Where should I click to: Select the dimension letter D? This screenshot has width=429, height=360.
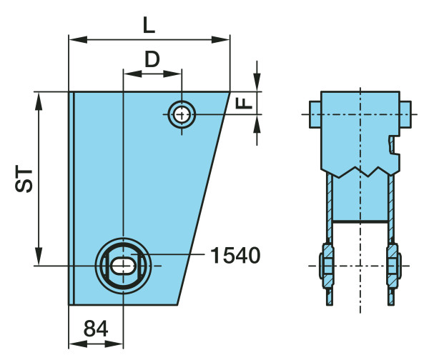pos(152,59)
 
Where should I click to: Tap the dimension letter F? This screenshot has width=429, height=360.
pos(244,104)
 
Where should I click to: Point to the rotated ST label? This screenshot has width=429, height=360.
pos(24,179)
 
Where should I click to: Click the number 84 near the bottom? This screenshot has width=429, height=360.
pos(96,329)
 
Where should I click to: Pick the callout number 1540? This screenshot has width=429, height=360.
pos(235,255)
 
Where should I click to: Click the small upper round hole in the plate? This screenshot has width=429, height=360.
pos(182,114)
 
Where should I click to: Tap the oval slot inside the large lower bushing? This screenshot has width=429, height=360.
pos(124,266)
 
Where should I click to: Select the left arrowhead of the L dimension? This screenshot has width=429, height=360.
pos(78,39)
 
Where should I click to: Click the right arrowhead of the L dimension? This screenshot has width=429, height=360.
pos(220,39)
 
